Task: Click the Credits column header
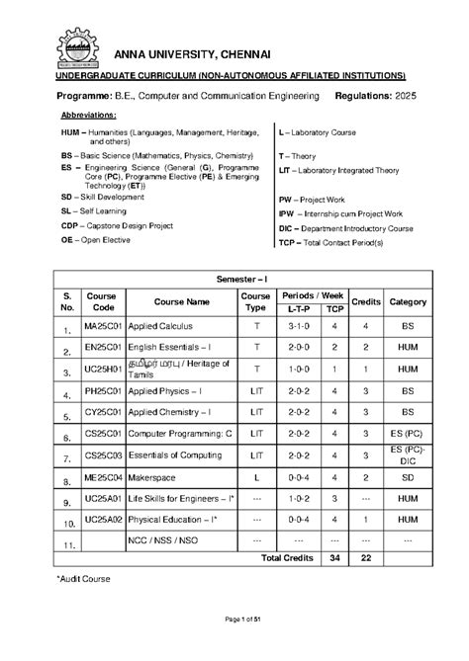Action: point(366,300)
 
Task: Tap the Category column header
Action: point(407,300)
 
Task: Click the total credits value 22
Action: point(366,558)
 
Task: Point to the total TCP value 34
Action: point(333,558)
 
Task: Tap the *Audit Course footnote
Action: point(77,579)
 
